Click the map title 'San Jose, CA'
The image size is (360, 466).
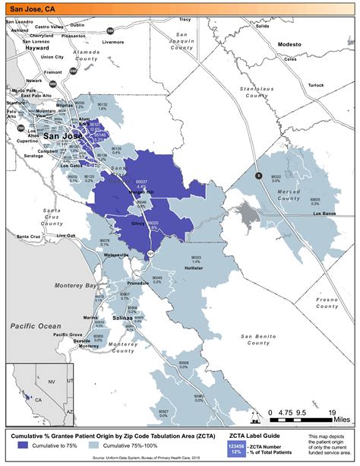tap(33, 8)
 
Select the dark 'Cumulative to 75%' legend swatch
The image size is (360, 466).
tap(28, 445)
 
